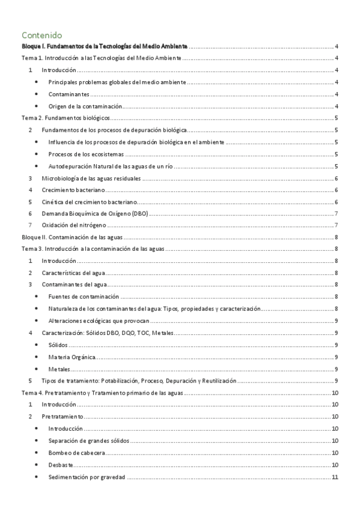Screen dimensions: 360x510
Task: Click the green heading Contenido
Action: (x=41, y=35)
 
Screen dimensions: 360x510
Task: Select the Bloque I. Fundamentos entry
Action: (x=105, y=47)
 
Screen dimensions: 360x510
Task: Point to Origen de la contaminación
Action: (x=85, y=106)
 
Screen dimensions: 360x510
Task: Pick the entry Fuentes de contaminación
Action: (x=84, y=296)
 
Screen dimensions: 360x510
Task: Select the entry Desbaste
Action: (x=62, y=464)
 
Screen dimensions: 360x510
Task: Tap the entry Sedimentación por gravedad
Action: (x=87, y=477)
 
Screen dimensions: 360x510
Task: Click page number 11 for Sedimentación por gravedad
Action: (x=337, y=477)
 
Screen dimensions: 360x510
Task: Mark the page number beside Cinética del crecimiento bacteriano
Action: (x=338, y=201)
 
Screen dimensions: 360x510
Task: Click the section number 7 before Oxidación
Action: (x=31, y=225)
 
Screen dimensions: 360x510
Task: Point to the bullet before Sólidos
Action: (x=38, y=345)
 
